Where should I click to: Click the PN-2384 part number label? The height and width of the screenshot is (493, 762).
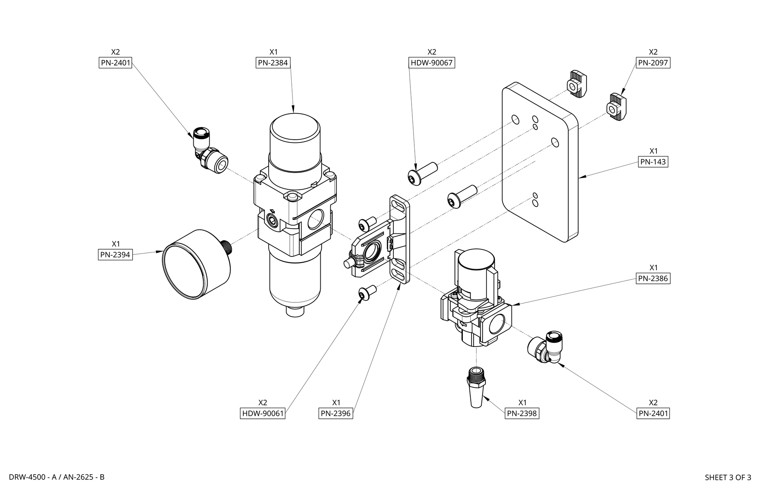273,63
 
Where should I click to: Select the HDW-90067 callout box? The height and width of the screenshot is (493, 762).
431,63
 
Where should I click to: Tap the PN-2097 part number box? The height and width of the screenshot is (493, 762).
653,63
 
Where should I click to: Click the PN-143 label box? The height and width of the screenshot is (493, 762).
653,162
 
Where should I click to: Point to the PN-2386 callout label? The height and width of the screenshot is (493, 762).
653,278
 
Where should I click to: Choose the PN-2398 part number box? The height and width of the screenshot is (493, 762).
522,413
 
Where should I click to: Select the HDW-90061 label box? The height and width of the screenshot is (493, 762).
263,413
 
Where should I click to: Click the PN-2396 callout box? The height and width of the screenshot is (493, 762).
336,413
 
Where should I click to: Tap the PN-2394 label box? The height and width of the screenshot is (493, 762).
115,254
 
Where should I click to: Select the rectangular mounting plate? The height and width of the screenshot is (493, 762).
540,163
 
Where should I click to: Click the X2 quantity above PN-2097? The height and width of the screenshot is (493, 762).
653,52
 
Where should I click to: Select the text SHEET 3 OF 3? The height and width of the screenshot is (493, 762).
727,477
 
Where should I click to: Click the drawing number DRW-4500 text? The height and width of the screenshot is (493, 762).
27,477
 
